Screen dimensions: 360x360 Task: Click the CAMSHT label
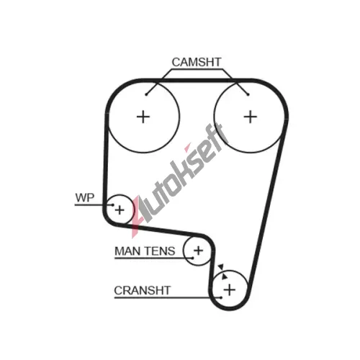[x=197, y=62]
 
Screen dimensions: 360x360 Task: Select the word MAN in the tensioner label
[x=127, y=251]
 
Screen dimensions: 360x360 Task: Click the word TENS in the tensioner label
[x=160, y=251]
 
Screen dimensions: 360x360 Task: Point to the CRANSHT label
[x=143, y=290]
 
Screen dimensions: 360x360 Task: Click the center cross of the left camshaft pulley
[x=143, y=117]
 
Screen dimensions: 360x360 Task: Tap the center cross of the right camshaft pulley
[x=251, y=117]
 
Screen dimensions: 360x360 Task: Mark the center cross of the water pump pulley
[x=120, y=210]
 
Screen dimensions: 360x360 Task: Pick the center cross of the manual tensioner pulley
[x=198, y=251]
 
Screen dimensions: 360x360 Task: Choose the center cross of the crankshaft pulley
[x=230, y=289]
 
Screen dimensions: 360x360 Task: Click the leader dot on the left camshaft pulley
[x=146, y=94]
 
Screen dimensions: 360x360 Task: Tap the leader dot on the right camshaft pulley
[x=248, y=94]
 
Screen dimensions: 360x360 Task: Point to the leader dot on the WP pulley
[x=112, y=205]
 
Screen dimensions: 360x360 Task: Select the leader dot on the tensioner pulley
[x=192, y=258]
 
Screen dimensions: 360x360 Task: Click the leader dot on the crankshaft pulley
[x=221, y=298]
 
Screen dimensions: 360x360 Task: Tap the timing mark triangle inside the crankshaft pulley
[x=225, y=276]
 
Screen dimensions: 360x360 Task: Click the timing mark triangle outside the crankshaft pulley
[x=221, y=267]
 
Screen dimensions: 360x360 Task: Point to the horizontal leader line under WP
[x=94, y=205]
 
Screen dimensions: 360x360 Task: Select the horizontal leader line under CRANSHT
[x=168, y=298]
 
